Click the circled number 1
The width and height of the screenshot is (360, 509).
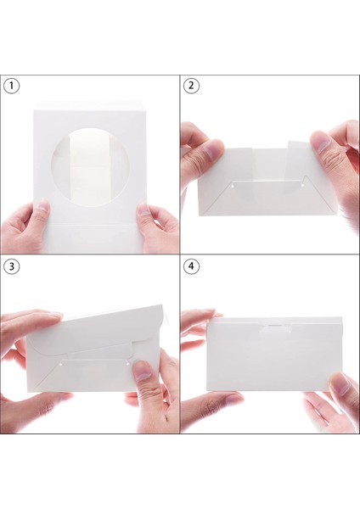pyautogui.click(x=12, y=86)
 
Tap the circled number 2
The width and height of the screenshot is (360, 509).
pyautogui.click(x=191, y=86)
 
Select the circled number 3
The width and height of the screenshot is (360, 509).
pyautogui.click(x=12, y=266)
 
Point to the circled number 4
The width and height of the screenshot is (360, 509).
pyautogui.click(x=191, y=266)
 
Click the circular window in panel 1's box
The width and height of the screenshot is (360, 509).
pyautogui.click(x=91, y=168)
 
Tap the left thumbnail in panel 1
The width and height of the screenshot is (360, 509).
pyautogui.click(x=43, y=208)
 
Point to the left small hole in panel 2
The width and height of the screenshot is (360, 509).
pyautogui.click(x=233, y=187)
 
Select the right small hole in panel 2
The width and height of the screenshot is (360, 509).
pyautogui.click(x=302, y=185)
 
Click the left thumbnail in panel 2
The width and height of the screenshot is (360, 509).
pyautogui.click(x=212, y=148)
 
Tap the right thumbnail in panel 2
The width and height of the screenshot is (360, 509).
pyautogui.click(x=319, y=144)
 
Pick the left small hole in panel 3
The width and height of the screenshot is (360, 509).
pyautogui.click(x=61, y=366)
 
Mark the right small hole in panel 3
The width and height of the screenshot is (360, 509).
pyautogui.click(x=127, y=364)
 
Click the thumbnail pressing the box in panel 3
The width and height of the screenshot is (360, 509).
pyautogui.click(x=143, y=371)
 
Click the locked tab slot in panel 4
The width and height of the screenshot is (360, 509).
pyautogui.click(x=275, y=327)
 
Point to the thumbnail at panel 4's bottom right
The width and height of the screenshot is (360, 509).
pyautogui.click(x=340, y=383)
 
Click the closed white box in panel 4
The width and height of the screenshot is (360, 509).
pyautogui.click(x=274, y=355)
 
